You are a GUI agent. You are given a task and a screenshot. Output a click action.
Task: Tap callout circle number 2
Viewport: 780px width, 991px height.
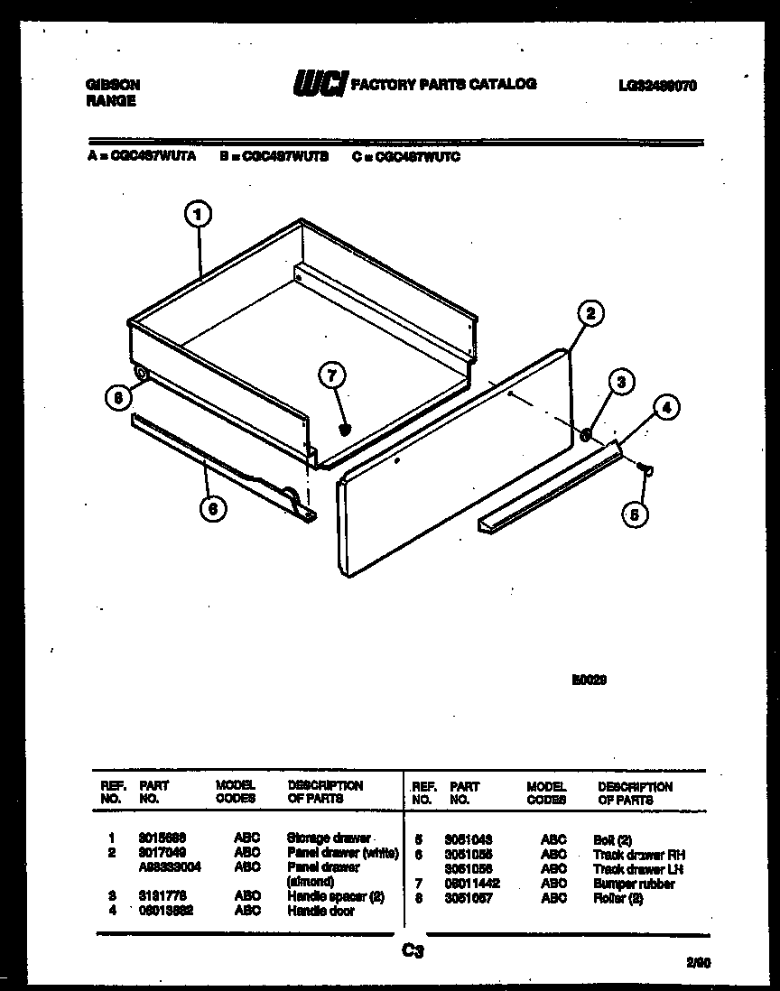[x=589, y=313]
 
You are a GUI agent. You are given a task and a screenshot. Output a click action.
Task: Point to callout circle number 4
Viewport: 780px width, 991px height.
[x=665, y=407]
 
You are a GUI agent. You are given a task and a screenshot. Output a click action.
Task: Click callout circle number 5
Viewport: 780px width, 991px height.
[x=636, y=514]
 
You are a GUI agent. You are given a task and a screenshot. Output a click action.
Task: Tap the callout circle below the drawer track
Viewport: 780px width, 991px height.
[x=212, y=509]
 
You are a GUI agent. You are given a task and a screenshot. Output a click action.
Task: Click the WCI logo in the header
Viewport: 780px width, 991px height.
[x=317, y=84]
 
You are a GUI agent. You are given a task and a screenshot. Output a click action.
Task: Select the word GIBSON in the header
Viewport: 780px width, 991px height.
[x=113, y=85]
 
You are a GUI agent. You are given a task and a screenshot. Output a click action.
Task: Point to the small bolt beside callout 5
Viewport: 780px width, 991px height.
[x=646, y=468]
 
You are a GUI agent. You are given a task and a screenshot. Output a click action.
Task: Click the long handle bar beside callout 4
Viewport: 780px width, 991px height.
[x=551, y=488]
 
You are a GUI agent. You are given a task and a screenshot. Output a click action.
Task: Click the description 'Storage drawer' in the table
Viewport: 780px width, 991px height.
[x=328, y=838]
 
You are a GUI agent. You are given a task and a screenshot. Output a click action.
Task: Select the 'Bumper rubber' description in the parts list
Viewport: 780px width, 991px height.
[x=634, y=884]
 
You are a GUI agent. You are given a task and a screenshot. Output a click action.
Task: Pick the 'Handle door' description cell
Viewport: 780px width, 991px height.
[x=320, y=912]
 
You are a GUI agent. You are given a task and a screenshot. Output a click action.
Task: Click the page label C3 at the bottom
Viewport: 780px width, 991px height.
[x=413, y=949]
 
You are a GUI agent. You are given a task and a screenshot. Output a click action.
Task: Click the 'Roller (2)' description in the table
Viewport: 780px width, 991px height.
[x=618, y=899]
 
